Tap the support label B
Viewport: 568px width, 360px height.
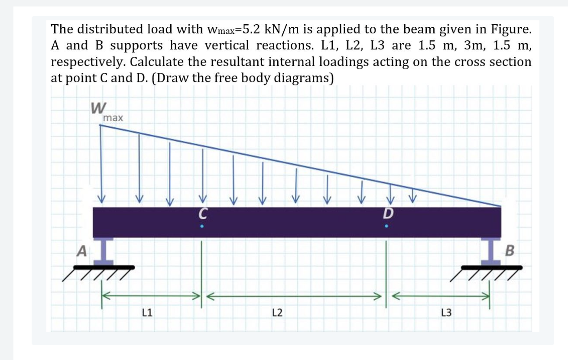[510, 250]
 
